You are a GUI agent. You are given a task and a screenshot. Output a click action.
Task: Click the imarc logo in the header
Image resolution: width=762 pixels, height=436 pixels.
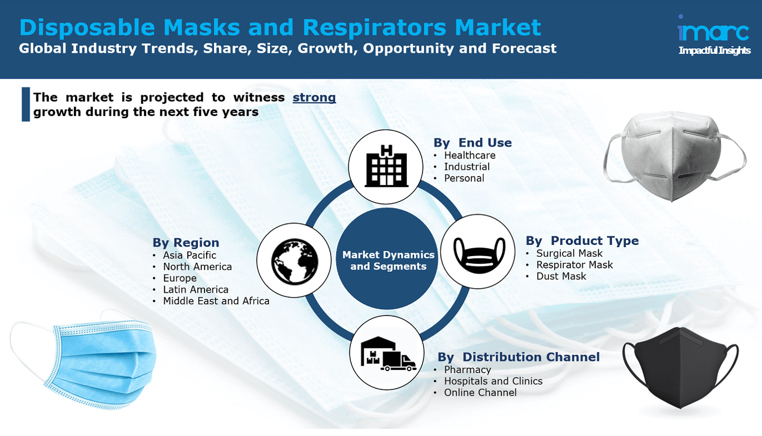[714, 35]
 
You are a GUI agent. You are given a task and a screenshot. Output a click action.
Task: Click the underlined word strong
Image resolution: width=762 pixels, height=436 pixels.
[314, 98]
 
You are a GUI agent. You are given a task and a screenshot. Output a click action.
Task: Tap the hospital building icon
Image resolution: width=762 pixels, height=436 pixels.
[386, 165]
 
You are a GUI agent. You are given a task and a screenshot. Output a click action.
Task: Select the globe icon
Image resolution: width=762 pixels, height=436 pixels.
[295, 260]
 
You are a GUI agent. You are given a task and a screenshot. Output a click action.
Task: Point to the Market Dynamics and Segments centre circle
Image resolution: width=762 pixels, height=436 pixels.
[388, 261]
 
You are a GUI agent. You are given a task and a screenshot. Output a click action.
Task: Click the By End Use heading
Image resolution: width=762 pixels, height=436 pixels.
[472, 143]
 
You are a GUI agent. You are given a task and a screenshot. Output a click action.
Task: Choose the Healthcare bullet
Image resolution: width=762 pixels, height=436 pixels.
[470, 155]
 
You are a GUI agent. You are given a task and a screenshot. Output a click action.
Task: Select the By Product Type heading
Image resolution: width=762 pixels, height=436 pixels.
[582, 241]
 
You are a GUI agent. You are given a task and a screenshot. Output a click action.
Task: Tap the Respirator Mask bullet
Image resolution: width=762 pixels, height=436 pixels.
[574, 265]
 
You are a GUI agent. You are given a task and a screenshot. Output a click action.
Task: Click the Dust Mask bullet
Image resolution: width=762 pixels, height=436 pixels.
[561, 276]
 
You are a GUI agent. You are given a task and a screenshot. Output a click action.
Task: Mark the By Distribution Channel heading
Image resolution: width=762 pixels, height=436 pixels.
[518, 357]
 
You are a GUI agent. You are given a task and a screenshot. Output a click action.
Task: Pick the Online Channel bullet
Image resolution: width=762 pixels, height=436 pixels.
[480, 393]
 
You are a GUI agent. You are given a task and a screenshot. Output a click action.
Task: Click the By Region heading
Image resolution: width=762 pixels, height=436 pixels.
[185, 243]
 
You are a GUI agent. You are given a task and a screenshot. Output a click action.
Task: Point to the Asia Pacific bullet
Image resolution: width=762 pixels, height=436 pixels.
[189, 256]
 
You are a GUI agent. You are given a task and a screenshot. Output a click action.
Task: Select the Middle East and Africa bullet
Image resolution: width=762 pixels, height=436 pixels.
[216, 302]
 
